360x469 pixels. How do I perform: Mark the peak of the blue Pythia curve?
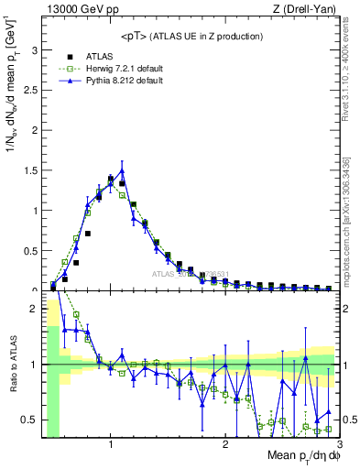[122, 170]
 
